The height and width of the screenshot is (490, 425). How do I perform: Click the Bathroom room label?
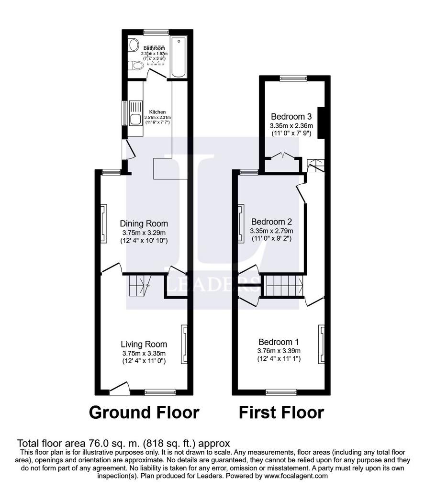click(154, 48)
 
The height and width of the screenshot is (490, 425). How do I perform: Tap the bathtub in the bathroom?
click(179, 57)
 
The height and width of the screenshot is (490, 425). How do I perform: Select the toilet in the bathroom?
click(135, 66)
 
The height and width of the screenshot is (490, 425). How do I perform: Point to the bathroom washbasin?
click(134, 45)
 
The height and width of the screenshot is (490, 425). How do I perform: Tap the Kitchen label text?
click(157, 112)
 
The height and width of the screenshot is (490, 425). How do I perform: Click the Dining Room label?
click(144, 223)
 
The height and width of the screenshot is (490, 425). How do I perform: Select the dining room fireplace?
click(103, 224)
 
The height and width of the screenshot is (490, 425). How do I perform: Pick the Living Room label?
click(144, 344)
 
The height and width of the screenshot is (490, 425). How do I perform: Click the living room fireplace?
click(184, 344)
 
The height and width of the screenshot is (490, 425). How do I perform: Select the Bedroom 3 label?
click(291, 117)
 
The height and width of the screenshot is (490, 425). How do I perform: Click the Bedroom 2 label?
click(271, 222)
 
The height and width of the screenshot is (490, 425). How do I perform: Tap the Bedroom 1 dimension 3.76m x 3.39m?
click(279, 351)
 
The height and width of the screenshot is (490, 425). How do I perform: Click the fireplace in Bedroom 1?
click(321, 344)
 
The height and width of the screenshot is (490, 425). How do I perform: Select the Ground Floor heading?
click(144, 412)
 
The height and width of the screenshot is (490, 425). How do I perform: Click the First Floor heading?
click(281, 412)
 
